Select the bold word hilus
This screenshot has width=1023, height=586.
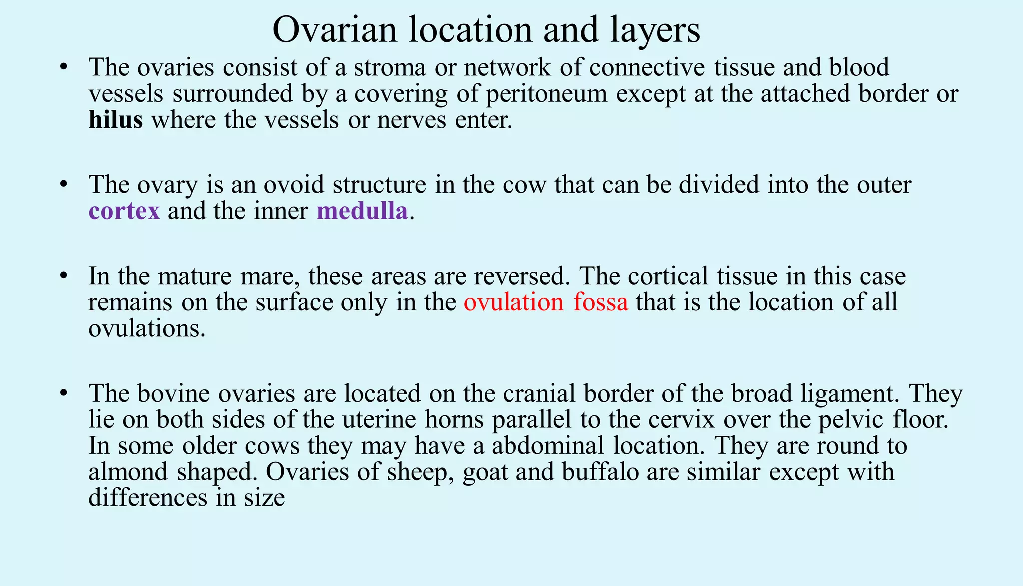pyautogui.click(x=116, y=120)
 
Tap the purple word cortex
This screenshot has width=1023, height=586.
pyautogui.click(x=124, y=211)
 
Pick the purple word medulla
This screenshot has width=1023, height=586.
pyautogui.click(x=362, y=211)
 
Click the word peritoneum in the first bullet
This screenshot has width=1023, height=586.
pyautogui.click(x=546, y=94)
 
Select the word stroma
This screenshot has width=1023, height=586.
pyautogui.click(x=390, y=67)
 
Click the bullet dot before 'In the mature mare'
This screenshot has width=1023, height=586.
pyautogui.click(x=63, y=276)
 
